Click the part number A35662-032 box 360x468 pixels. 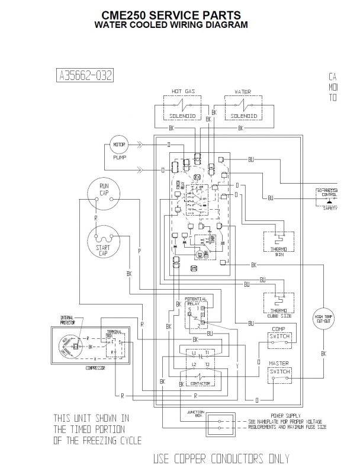(x=85, y=75)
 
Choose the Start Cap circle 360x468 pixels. (x=103, y=243)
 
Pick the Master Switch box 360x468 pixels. (x=279, y=373)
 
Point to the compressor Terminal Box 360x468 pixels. (x=114, y=344)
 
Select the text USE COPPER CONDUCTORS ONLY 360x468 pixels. (x=221, y=459)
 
